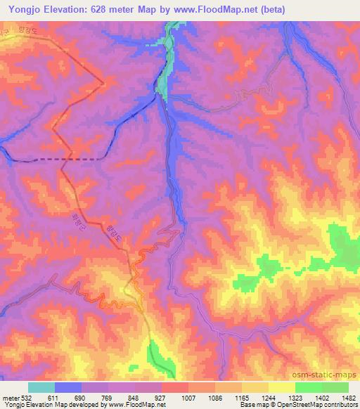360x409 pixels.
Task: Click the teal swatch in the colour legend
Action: [41, 387]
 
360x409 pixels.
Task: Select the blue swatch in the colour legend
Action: [68, 387]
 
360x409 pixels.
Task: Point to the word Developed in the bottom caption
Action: [77, 405]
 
